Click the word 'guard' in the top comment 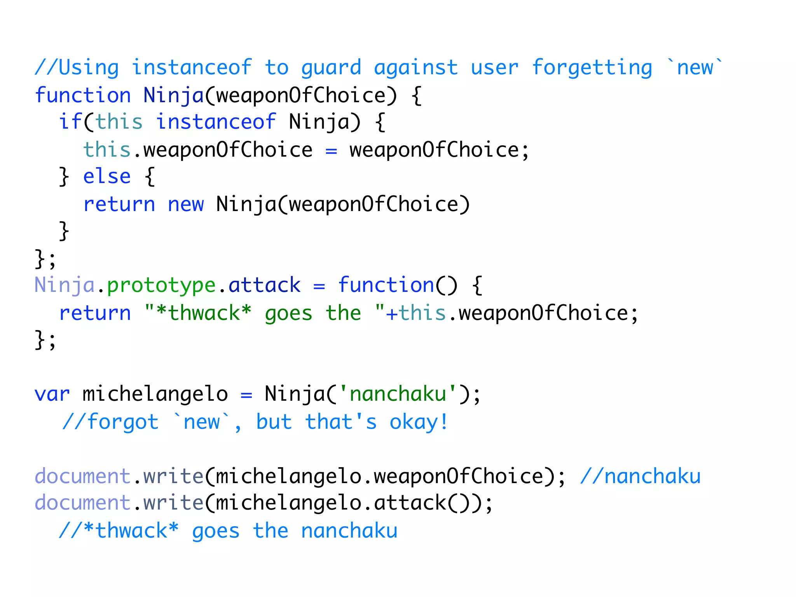331,68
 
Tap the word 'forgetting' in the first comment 592,68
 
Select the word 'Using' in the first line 89,68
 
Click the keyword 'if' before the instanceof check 70,122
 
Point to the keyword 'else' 107,176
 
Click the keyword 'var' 52,394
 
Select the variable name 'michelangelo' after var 155,394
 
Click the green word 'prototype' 161,286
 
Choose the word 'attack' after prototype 264,285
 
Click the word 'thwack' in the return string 204,313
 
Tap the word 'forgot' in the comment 123,422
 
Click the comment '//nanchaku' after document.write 640,476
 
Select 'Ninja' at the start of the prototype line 65,286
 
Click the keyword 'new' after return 185,204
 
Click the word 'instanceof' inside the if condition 216,122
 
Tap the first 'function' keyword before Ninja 83,95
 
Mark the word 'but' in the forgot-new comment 274,422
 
